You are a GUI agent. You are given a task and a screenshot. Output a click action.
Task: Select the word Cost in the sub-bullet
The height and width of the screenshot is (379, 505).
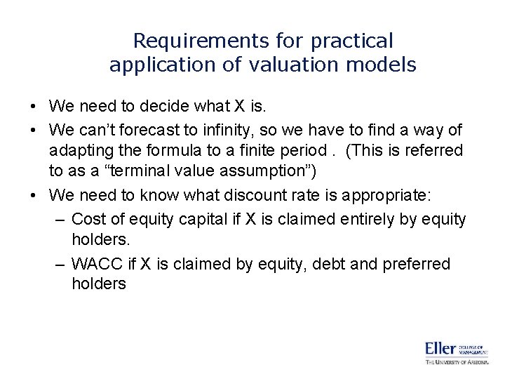click(x=88, y=219)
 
